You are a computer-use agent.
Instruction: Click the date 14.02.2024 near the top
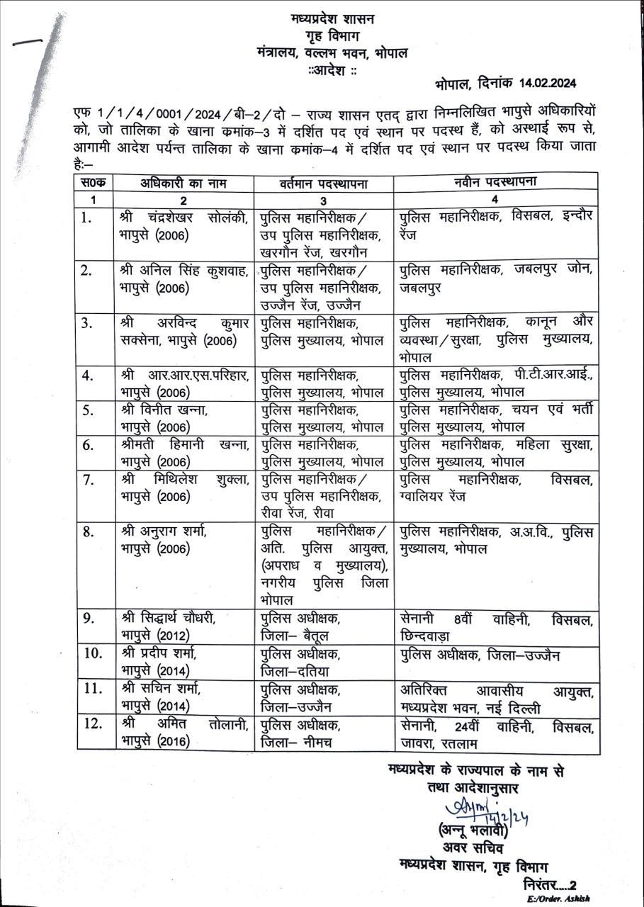pos(540,84)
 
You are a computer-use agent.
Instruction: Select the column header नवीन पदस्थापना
pos(495,181)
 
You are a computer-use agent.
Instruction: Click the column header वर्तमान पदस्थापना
pos(324,183)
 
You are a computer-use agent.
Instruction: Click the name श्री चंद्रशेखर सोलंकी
pos(183,217)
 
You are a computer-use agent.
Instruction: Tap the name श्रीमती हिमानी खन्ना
pos(183,444)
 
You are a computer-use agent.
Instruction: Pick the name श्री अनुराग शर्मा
pos(167,531)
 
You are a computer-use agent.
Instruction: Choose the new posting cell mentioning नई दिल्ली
pos(495,699)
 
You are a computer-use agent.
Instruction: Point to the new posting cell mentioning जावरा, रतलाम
pos(495,734)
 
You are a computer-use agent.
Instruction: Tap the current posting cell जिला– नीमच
pos(297,742)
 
